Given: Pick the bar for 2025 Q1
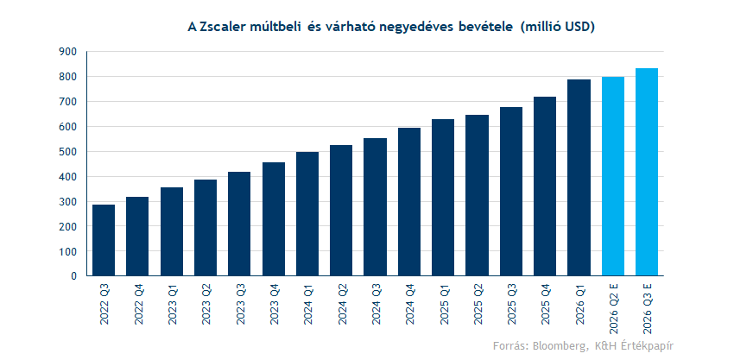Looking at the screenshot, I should pos(443,198).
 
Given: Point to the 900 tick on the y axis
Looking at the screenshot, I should pos(67,52).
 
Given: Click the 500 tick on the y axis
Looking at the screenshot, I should pos(67,152).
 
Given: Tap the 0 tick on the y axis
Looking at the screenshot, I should pos(74,277).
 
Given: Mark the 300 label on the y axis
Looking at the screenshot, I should pos(67,202).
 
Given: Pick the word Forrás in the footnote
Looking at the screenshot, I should pos(509,345).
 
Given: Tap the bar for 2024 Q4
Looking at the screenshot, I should pos(409,202).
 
